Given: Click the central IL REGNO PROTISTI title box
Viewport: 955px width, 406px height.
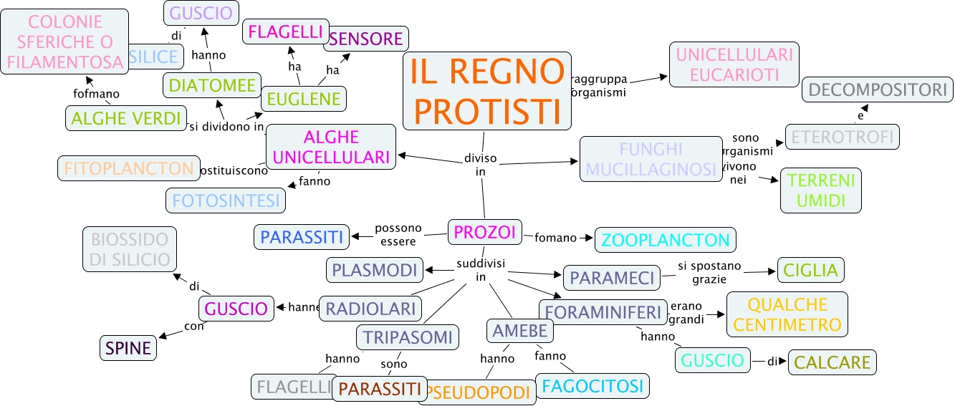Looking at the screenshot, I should coord(487,91).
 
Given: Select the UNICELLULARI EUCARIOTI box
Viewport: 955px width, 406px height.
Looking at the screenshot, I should coord(734,64).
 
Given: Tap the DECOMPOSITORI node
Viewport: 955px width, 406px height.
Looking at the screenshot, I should coord(878,90).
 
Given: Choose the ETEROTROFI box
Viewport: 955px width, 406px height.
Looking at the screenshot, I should coord(842,136).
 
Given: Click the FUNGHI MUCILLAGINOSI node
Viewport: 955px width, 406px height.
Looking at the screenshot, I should coord(650,159).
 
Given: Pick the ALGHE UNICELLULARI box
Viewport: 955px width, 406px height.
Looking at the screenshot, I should coord(331,147).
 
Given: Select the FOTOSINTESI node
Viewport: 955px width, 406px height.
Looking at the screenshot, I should coord(226,200).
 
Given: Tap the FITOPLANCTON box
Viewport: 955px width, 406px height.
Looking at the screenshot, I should coord(128,169).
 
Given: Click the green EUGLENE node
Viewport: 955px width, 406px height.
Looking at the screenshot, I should coord(304,99).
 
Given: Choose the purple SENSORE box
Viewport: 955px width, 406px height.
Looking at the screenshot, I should coord(367,39).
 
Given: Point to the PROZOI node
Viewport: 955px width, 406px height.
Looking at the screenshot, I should coord(484,232).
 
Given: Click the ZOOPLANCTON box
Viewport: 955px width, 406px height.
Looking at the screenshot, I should coord(666,240).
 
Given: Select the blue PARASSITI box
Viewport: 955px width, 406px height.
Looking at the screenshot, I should coord(302,236).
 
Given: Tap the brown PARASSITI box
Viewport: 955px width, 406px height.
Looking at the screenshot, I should coord(380,389).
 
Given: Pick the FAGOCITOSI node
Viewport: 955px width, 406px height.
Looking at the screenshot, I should coord(592,386).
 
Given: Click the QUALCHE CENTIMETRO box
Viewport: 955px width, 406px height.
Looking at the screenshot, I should coord(787,314).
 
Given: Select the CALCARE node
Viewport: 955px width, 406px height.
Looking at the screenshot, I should coord(832,362).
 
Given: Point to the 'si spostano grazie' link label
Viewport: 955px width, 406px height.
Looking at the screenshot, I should coord(704,272).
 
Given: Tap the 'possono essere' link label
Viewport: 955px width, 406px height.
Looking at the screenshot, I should coord(399,235).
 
